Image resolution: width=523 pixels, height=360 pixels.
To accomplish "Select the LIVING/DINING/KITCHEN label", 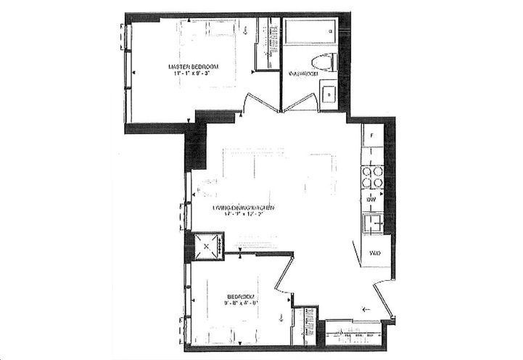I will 243,208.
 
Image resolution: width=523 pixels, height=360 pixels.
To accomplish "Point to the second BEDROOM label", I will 239,296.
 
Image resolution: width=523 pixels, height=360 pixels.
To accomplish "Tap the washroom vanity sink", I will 329,94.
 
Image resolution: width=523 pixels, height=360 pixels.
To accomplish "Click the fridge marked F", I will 372,136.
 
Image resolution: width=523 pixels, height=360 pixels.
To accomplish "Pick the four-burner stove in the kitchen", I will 372,177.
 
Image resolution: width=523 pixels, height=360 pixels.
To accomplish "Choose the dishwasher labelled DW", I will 371,198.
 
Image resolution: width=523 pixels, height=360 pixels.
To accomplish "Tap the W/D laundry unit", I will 375,253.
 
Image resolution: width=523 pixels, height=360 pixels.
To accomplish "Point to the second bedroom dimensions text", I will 239,303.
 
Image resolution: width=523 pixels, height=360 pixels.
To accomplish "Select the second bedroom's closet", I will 305,325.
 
